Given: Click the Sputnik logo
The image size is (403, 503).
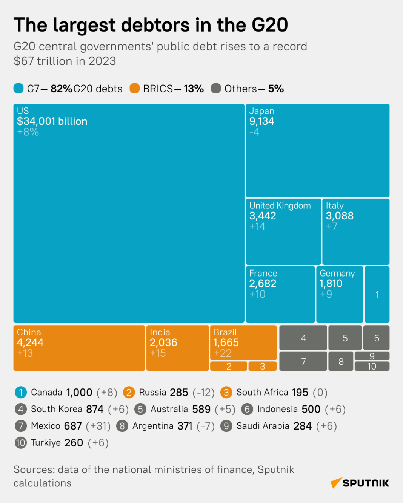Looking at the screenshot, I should point(360,483).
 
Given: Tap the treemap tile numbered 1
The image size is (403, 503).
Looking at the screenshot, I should point(377,294).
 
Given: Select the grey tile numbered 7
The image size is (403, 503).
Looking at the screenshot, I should point(303,361).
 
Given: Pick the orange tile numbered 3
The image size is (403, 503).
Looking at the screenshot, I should point(262,366).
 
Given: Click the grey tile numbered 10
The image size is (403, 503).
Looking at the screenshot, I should point(372,366).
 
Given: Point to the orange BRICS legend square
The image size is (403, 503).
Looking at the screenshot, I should point(135,89).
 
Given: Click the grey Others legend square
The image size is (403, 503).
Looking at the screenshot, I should point(216,89).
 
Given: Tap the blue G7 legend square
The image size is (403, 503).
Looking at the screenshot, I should point(18,89).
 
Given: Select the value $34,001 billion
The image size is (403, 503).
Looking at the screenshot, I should point(52,121).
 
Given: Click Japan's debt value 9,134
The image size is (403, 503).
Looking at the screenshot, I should point(261,121).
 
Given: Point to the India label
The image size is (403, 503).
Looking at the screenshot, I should point(160,332).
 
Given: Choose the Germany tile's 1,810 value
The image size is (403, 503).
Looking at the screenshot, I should point(331,284).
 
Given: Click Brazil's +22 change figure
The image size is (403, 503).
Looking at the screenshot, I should point(223,353).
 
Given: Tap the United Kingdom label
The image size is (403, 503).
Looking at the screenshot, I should point(280,206).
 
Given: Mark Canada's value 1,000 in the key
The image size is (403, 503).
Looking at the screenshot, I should point(79,393).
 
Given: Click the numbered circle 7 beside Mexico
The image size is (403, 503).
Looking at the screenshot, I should point(21,426).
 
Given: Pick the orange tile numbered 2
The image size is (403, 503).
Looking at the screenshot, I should point(229,366).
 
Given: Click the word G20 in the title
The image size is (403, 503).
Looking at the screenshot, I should point(269,25).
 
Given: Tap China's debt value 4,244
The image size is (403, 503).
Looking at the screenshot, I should point(30,342).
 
